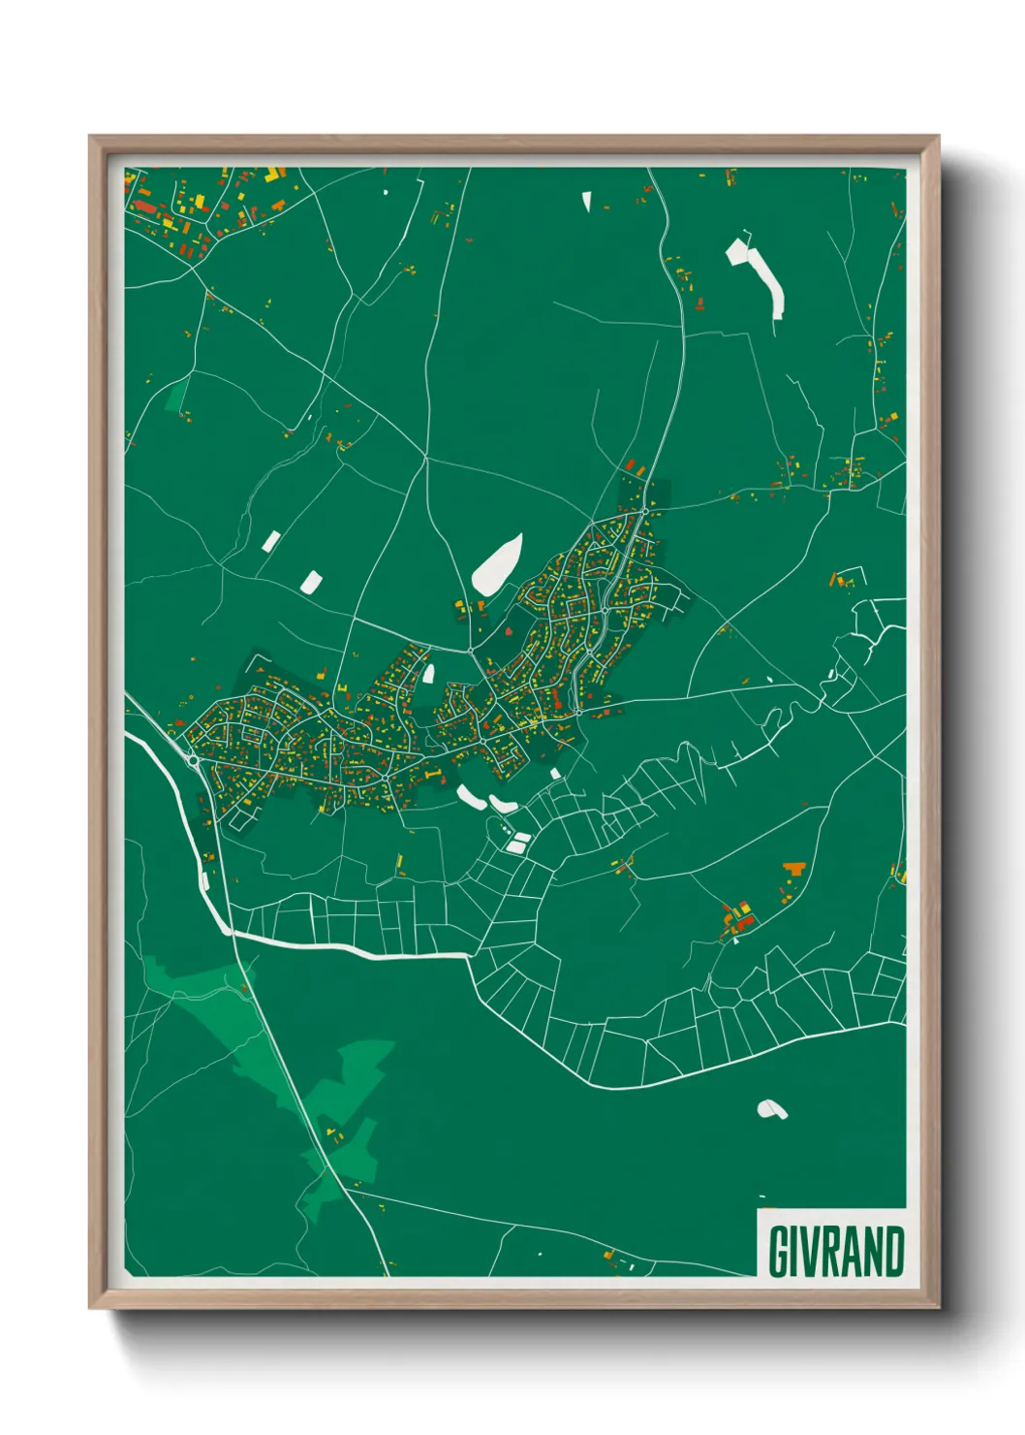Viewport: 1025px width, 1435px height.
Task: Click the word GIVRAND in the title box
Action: pyautogui.click(x=836, y=1252)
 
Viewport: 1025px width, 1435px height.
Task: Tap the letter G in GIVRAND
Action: pyautogui.click(x=779, y=1252)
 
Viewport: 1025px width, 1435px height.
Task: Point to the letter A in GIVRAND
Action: pyautogui.click(x=850, y=1252)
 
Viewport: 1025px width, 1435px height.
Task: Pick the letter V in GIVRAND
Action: pyautogui.click(x=808, y=1252)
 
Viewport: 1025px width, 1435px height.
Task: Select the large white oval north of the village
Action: pyautogui.click(x=498, y=564)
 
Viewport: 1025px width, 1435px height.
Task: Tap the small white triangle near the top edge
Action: pyautogui.click(x=586, y=202)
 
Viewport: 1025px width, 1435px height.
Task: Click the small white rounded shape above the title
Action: pyautogui.click(x=771, y=1108)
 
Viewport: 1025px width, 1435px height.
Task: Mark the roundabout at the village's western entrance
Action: pyautogui.click(x=194, y=761)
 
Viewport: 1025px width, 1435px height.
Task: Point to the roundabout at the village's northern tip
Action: pyautogui.click(x=644, y=510)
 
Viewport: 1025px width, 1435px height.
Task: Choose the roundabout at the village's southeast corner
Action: pyautogui.click(x=578, y=713)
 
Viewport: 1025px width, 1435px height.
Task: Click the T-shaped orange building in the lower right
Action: pyautogui.click(x=794, y=868)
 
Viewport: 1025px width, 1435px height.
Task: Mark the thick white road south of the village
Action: pyautogui.click(x=349, y=948)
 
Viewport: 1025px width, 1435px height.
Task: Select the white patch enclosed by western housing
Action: pyautogui.click(x=428, y=672)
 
